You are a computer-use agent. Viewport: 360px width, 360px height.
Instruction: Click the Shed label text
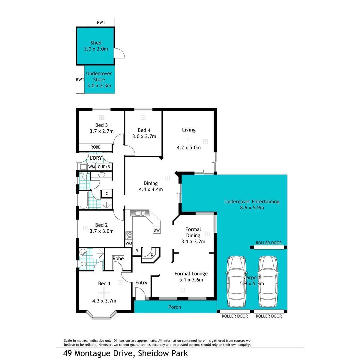click(96, 43)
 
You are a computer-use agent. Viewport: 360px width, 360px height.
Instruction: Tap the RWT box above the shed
click(100, 22)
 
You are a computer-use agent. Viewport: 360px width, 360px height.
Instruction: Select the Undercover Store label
click(99, 76)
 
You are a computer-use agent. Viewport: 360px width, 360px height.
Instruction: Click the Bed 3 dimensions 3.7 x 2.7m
click(101, 131)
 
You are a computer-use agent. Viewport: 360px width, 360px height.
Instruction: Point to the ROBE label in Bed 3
click(96, 147)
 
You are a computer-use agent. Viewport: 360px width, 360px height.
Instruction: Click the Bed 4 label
click(142, 130)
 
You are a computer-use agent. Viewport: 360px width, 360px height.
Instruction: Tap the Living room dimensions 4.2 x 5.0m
click(189, 147)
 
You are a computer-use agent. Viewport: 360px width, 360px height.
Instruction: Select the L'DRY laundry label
click(95, 158)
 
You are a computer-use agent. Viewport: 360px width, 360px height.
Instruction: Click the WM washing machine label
click(91, 166)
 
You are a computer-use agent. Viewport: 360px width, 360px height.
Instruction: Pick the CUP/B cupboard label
click(104, 166)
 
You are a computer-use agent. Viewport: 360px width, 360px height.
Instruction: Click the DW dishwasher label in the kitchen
click(156, 230)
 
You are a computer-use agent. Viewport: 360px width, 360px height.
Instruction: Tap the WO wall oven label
click(129, 243)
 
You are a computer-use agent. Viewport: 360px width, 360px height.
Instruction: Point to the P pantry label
click(152, 255)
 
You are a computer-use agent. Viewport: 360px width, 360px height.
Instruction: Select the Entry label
click(141, 283)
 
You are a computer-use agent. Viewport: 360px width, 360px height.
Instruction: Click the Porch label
click(174, 307)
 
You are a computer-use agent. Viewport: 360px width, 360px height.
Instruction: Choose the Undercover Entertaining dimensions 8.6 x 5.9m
click(252, 208)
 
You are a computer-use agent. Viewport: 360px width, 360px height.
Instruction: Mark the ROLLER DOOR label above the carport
click(269, 243)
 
